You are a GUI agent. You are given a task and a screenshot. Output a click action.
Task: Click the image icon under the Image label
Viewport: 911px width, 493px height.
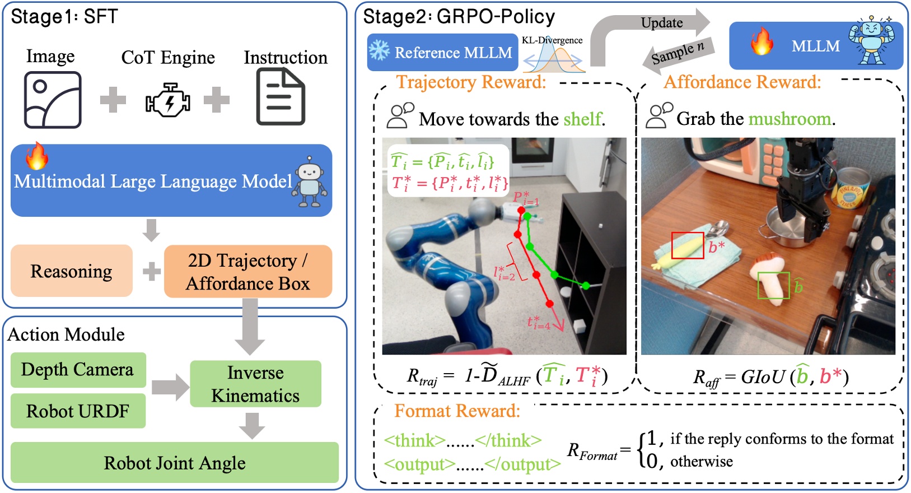click(x=53, y=100)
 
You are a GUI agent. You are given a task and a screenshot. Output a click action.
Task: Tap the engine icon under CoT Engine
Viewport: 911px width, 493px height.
click(x=168, y=100)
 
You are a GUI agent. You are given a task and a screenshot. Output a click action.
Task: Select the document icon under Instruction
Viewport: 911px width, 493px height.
click(x=281, y=96)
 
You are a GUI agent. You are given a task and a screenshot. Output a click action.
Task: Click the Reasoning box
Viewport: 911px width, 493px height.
click(x=72, y=271)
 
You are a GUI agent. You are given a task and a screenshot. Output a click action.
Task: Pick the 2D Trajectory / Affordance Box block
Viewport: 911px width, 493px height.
click(x=248, y=271)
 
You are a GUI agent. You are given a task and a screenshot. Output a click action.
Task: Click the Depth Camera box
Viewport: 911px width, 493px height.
click(x=78, y=370)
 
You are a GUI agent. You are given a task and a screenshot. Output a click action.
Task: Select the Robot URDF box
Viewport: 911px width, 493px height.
click(x=78, y=411)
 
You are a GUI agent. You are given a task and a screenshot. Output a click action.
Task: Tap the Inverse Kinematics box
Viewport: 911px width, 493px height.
click(x=255, y=384)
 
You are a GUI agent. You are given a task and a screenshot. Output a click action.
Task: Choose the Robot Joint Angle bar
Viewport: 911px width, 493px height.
click(x=175, y=463)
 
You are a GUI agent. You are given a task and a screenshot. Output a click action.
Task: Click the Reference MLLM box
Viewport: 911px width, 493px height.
click(x=442, y=53)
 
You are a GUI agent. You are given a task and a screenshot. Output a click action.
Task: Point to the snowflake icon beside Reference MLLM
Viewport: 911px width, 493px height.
click(x=380, y=51)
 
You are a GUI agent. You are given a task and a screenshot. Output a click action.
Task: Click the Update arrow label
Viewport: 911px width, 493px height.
click(x=662, y=23)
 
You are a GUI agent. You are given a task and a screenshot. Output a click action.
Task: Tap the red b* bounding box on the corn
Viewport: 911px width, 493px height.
click(x=688, y=245)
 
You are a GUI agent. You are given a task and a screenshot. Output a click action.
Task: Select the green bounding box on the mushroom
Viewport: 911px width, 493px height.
click(x=773, y=286)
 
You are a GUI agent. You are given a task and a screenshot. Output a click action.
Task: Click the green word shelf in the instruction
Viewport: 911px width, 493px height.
click(x=582, y=119)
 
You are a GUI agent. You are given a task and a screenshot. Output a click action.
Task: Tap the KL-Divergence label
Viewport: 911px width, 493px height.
click(x=552, y=40)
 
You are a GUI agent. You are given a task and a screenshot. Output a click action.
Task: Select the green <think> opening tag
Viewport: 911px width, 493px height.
click(x=415, y=440)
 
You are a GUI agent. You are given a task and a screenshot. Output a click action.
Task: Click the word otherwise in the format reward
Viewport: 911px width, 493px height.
click(x=702, y=461)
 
